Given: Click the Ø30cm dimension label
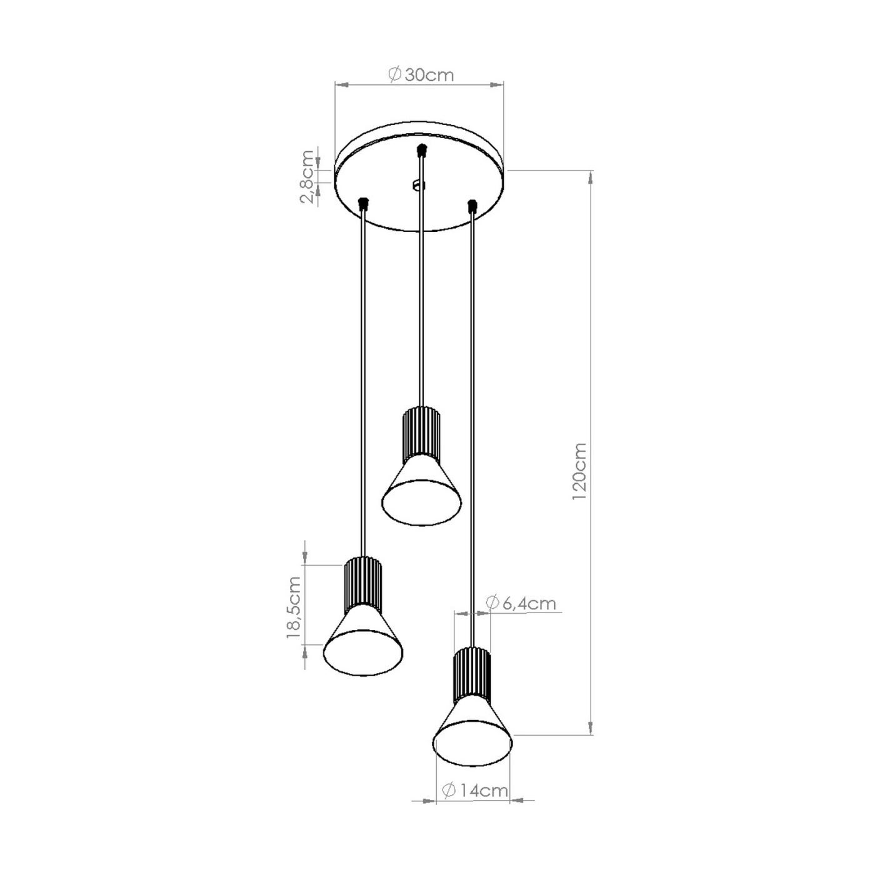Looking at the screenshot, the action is pyautogui.click(x=421, y=75).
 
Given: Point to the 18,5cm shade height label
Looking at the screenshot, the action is pyautogui.click(x=294, y=607).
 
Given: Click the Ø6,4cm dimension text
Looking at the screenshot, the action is pyautogui.click(x=521, y=603).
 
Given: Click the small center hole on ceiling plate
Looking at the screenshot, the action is pyautogui.click(x=417, y=185).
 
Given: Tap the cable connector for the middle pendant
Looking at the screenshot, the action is pyautogui.click(x=422, y=150).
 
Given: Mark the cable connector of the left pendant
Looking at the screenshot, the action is pyautogui.click(x=362, y=204).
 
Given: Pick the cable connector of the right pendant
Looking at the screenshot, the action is pyautogui.click(x=472, y=207).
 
